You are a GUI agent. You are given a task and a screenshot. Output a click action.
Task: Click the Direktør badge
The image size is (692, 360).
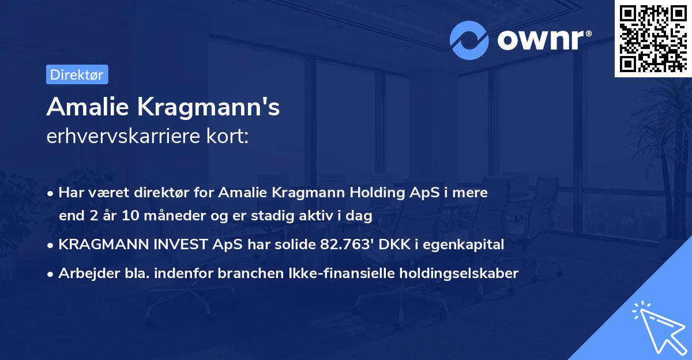(x=77, y=74)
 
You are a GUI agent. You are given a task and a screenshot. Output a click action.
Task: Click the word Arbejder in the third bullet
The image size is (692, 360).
(x=84, y=273)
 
